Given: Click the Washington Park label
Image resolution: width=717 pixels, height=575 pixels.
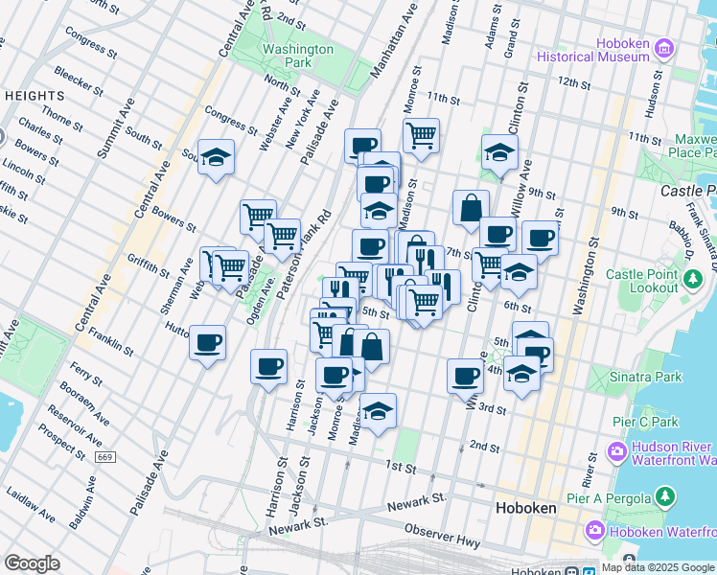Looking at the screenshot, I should point(297,56).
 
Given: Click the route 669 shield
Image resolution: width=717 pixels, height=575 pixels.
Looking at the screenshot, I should point(105,457).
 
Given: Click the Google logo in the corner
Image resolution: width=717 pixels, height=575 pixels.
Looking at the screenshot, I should point(32,563).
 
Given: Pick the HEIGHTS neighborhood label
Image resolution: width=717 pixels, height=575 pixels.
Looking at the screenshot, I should point(35,96).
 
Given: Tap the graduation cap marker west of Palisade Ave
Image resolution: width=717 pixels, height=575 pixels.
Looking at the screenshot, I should point(217,158).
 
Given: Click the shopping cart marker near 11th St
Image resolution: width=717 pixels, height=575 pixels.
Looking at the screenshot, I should point(421,135).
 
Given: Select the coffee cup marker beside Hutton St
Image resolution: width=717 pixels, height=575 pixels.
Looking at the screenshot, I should point(207,342).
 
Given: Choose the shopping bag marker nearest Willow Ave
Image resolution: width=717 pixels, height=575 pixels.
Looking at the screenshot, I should point(471,207).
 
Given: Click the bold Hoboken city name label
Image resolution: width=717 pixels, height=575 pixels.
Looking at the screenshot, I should point(526,510).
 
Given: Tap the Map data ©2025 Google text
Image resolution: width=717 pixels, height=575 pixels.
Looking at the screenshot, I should point(658,567).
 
